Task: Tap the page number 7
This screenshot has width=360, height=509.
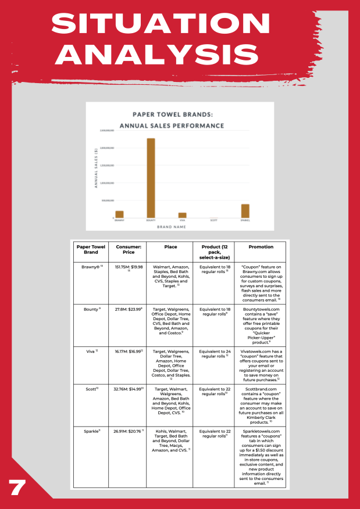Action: pyautogui.click(x=17, y=487)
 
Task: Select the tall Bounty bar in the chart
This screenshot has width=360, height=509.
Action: pyautogui.click(x=151, y=178)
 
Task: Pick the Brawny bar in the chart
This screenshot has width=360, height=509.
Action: pyautogui.click(x=119, y=214)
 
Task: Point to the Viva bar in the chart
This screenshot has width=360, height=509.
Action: pyautogui.click(x=182, y=215)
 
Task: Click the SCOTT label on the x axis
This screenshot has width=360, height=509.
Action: pyautogui.click(x=213, y=220)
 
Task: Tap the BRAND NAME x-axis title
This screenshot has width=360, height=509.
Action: pyautogui.click(x=180, y=227)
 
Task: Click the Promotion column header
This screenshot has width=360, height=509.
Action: pyautogui.click(x=260, y=246)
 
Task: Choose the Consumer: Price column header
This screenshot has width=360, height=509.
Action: pyautogui.click(x=126, y=250)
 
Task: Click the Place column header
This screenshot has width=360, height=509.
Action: pyautogui.click(x=170, y=246)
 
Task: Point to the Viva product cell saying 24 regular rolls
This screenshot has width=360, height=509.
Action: pyautogui.click(x=213, y=353)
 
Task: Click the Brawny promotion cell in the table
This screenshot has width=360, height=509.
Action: pyautogui.click(x=260, y=283)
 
